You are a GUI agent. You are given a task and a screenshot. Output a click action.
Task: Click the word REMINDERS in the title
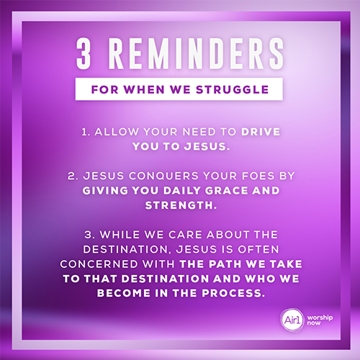point(196,53)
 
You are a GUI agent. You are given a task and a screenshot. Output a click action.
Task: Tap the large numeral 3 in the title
point(84,53)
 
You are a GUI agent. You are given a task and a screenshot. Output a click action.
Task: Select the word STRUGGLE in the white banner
point(233,90)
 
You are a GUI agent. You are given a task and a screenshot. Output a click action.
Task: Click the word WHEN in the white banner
point(144,90)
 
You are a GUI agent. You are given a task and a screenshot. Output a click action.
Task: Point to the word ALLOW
point(117,132)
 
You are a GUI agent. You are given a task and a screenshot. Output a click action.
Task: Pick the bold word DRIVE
point(261,132)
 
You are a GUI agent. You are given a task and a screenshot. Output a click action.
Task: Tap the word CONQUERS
point(163,176)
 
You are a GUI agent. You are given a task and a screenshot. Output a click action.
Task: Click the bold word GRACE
point(226,191)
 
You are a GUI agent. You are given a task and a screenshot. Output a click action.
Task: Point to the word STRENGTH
point(181,205)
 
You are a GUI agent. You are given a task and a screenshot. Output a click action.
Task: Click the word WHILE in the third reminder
point(120,235)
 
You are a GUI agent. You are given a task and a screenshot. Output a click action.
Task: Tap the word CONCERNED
point(99,264)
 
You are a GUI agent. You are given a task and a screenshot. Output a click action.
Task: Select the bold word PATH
point(225,264)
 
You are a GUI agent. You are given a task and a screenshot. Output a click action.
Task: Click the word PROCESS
point(233,293)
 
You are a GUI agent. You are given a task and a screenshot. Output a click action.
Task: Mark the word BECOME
point(123,293)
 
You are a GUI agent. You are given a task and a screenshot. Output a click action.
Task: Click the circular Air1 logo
point(292,320)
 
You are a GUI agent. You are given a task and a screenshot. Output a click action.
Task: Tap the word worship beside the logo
point(320,318)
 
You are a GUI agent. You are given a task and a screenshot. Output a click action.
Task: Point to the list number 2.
point(73,176)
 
